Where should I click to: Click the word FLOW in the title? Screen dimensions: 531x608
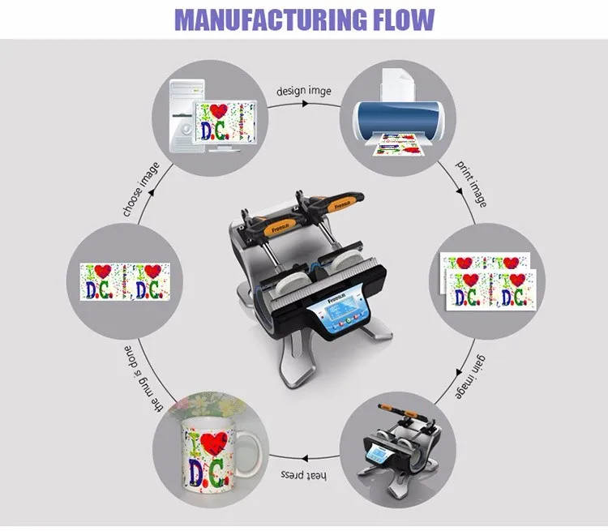click(398, 19)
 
